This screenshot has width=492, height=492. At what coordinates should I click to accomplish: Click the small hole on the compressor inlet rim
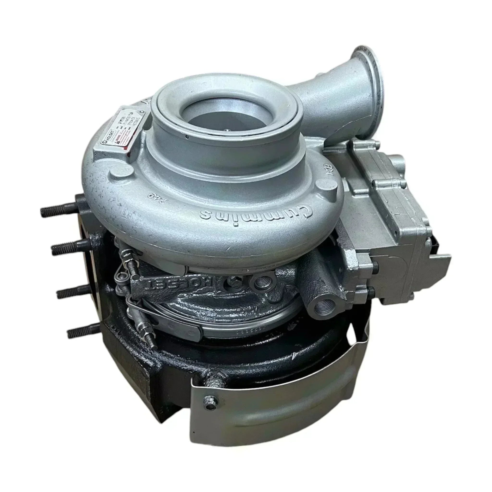click(187, 137)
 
